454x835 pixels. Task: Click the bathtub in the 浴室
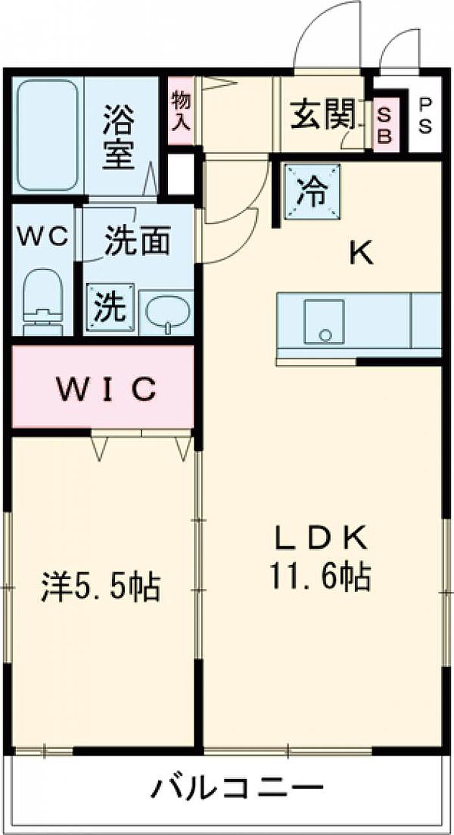pos(47,135)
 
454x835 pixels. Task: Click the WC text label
pos(43,238)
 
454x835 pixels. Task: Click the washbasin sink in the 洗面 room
pos(165,314)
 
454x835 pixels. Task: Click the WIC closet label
pos(106,389)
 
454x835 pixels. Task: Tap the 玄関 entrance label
pos(323,116)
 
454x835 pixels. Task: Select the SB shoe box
pos(385,126)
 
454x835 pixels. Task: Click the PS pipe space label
pos(425,115)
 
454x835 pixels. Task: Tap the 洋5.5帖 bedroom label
pos(100,586)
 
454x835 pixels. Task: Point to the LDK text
pos(320,538)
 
